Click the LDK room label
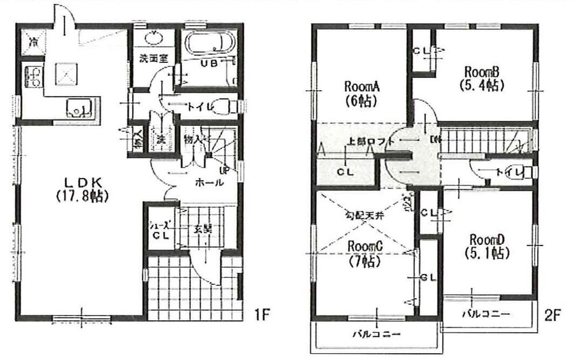pos(79,180)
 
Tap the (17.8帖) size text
pos(80,196)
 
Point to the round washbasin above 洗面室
pos(154,39)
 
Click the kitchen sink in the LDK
pos(77,107)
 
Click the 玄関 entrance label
pos(199,228)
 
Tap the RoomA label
pos(361,87)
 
